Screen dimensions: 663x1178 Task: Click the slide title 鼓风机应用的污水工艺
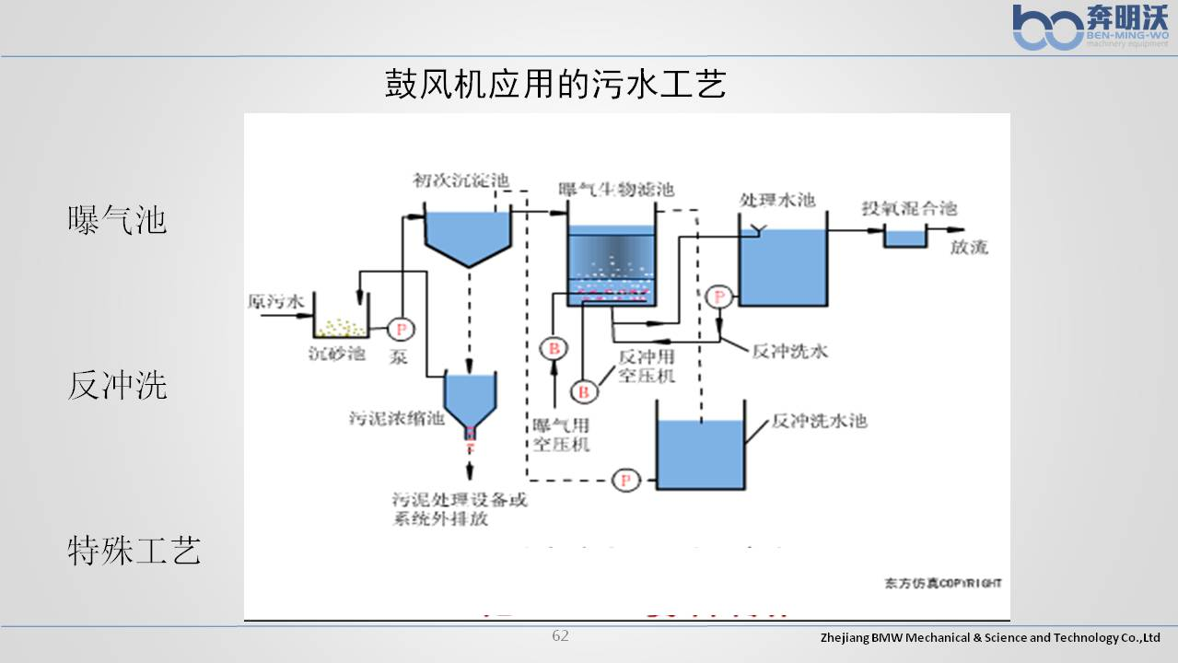555,85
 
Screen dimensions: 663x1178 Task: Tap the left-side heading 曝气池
117,221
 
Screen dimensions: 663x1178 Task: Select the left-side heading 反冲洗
117,386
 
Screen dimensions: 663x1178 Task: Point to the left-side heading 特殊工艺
134,551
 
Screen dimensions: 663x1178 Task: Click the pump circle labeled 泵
401,329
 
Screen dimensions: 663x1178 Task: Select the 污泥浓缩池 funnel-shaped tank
470,398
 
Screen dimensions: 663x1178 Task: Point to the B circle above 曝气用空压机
554,348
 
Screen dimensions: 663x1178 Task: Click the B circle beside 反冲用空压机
583,391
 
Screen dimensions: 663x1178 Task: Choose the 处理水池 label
777,200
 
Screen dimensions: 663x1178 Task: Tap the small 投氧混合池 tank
905,237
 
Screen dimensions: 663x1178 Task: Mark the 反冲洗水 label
790,351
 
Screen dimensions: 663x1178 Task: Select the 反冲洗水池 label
819,421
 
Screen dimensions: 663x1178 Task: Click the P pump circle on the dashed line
626,480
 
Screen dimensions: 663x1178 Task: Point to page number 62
560,635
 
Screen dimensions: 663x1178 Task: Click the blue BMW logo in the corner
1048,28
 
